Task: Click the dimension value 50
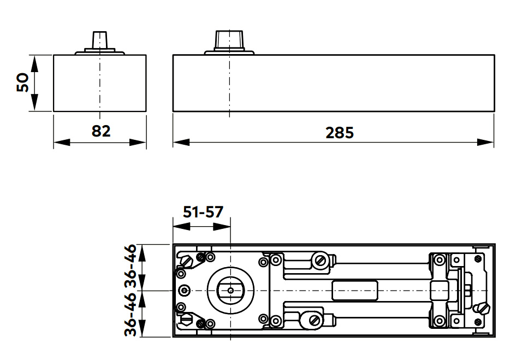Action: pyautogui.click(x=22, y=82)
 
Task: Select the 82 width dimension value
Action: pyautogui.click(x=101, y=131)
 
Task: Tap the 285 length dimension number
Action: pyautogui.click(x=340, y=132)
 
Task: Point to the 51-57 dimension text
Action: pyautogui.click(x=203, y=212)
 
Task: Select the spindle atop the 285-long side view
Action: pyautogui.click(x=229, y=39)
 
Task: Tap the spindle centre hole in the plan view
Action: pyautogui.click(x=230, y=290)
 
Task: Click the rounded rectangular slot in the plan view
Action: pyautogui.click(x=355, y=290)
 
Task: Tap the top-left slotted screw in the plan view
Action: pyautogui.click(x=187, y=261)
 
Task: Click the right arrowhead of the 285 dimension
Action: pyautogui.click(x=487, y=142)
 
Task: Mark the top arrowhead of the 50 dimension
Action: pyautogui.click(x=34, y=62)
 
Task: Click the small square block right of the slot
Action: pyautogui.click(x=440, y=290)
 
